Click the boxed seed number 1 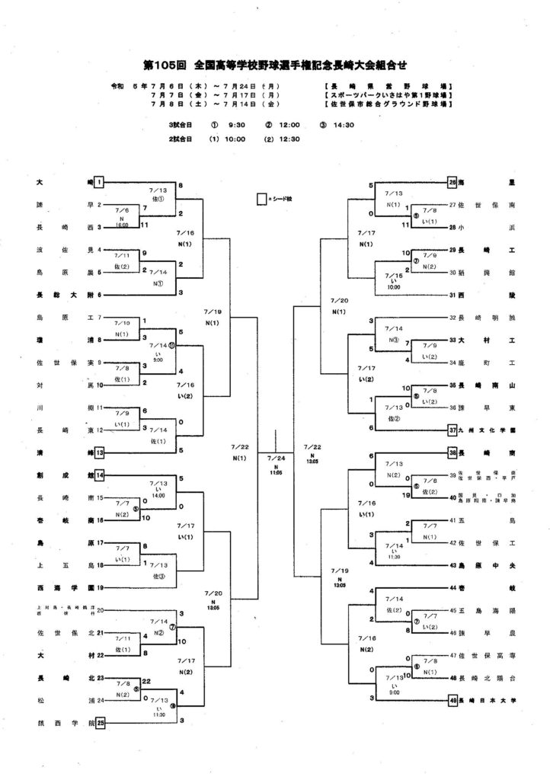click(99, 183)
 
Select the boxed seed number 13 click(99, 452)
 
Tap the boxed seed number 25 click(99, 721)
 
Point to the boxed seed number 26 click(452, 183)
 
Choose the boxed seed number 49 click(452, 698)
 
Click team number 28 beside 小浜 click(452, 228)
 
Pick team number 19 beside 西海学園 click(99, 587)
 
